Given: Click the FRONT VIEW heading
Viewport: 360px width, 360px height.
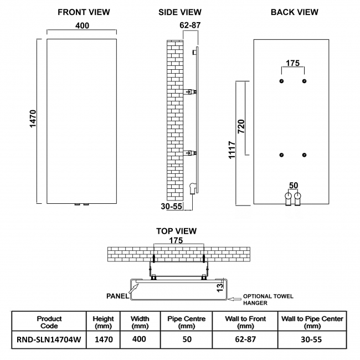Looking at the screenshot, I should coord(84,12).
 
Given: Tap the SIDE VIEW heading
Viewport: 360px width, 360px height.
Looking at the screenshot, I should coord(179,12).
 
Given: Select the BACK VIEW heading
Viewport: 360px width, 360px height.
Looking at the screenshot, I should coord(294,12).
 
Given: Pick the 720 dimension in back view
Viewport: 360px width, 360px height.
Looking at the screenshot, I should coord(241,126).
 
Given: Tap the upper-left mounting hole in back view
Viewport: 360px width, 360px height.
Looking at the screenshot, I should coord(282,81).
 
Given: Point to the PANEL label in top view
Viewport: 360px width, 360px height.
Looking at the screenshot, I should coord(117,296).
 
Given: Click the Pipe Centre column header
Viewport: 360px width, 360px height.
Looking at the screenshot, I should coord(187,322).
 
